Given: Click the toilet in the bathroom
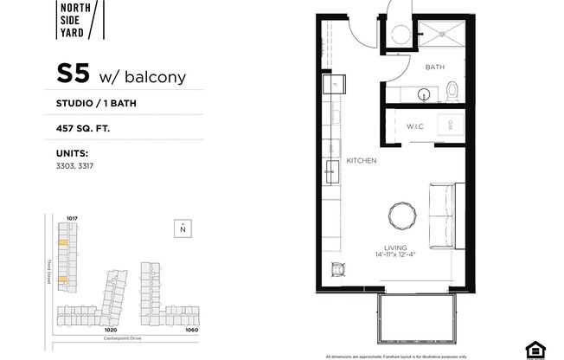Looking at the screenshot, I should pos(451,89).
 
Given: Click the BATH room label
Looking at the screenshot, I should pos(434,67).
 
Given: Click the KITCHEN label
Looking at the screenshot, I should pos(361,161).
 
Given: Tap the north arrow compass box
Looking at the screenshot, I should pos(183,228).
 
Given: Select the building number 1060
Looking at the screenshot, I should pos(191,330).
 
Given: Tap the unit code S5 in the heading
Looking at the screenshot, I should pos(73,74).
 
